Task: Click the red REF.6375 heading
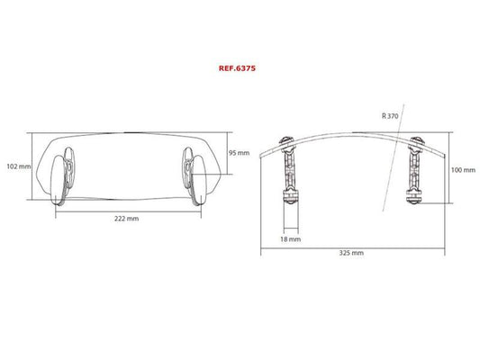[237, 68]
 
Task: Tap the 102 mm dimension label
[19, 166]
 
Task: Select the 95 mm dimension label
[239, 153]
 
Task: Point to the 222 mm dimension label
[126, 219]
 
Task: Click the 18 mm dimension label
[291, 239]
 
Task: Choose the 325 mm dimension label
[351, 253]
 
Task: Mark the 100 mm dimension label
[463, 170]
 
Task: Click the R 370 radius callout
[390, 116]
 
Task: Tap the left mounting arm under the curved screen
[289, 170]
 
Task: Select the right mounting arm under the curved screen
[415, 170]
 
